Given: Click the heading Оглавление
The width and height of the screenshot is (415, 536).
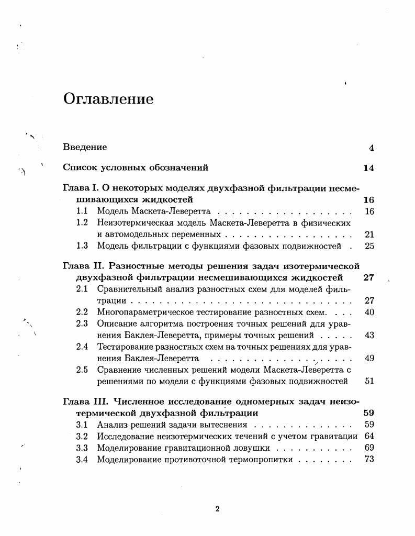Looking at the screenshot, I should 108,99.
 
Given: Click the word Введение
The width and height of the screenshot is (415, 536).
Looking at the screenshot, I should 85,148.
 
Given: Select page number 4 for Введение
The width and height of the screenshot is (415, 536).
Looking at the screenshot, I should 371,148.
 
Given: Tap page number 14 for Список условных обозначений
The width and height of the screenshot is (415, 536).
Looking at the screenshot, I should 368,168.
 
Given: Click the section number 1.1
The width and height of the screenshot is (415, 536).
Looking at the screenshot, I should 82,211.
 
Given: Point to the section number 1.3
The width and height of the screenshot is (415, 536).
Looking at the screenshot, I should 82,246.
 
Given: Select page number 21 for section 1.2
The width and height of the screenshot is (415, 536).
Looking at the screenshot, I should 369,234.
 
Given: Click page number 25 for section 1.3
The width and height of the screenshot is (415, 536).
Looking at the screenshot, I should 369,246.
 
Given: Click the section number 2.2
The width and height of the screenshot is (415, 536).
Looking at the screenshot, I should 82,312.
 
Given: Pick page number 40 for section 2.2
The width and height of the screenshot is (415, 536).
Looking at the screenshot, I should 369,312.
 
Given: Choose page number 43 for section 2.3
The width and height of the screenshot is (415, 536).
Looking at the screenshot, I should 369,335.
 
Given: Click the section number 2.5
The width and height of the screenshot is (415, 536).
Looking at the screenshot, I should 82,370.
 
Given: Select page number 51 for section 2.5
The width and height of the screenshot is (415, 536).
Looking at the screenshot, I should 369,381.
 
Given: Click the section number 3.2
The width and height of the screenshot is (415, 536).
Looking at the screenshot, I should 82,436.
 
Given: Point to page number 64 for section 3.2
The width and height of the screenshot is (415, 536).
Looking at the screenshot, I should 369,436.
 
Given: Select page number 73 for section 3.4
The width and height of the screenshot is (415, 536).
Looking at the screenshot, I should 369,460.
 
